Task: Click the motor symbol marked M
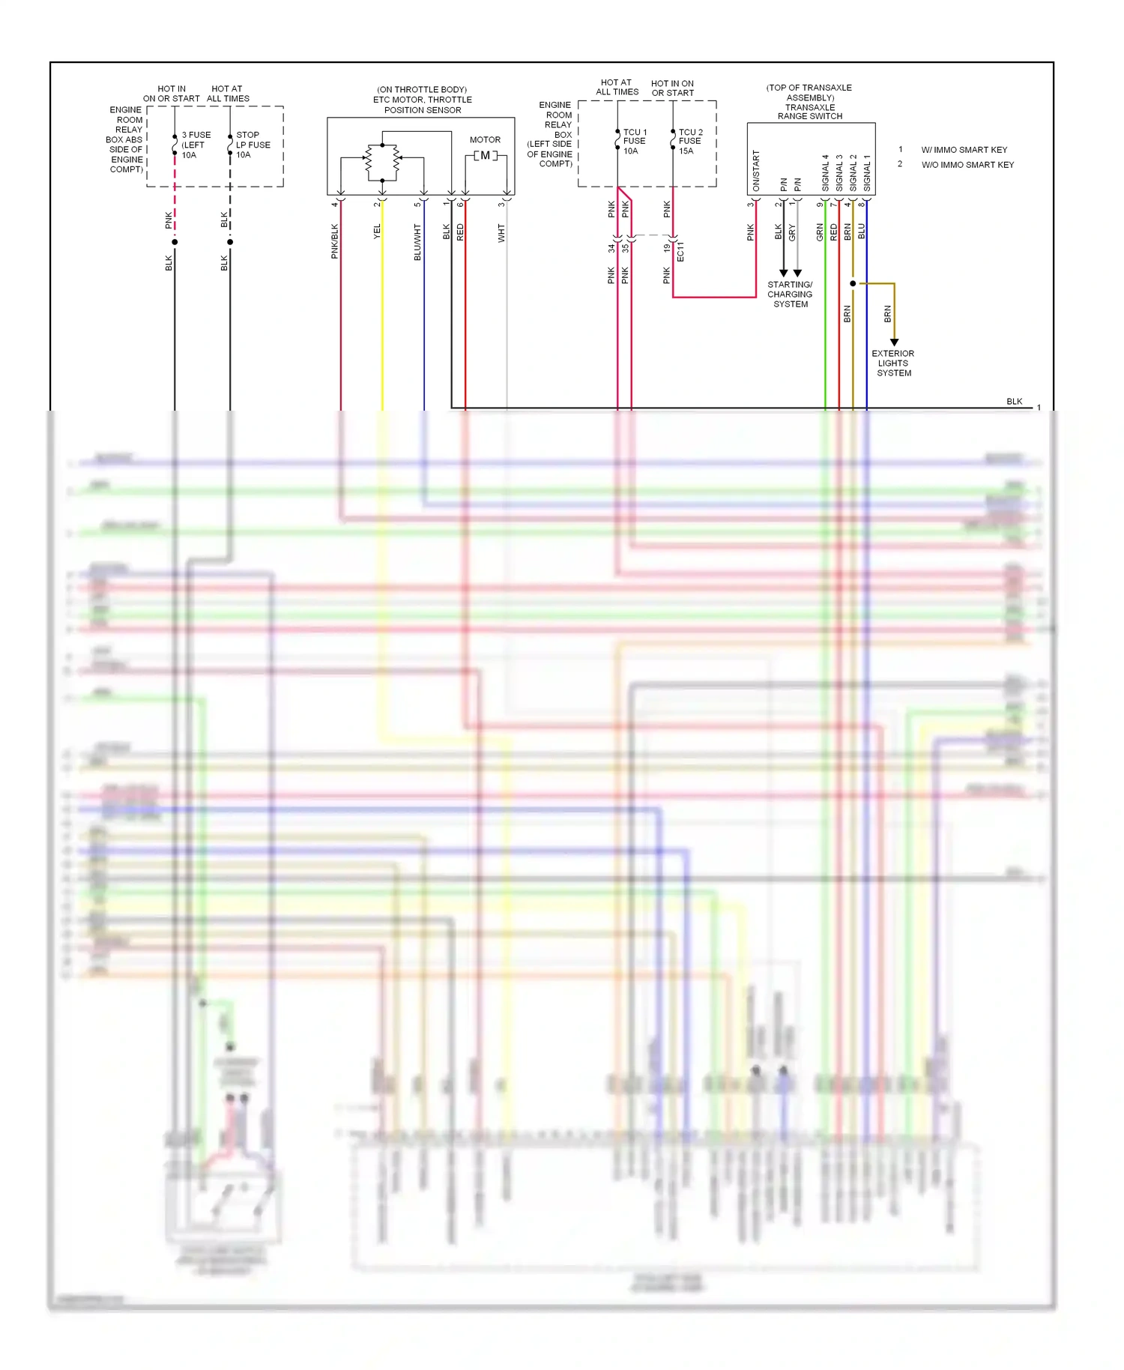[x=485, y=156]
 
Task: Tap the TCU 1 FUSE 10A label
[x=634, y=141]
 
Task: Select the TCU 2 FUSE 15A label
[x=690, y=141]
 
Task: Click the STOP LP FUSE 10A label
[x=253, y=145]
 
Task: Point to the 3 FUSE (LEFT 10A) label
[x=196, y=145]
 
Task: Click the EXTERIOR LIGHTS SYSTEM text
[x=893, y=363]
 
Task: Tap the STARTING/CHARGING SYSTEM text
[x=790, y=295]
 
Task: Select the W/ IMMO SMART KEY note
[x=964, y=150]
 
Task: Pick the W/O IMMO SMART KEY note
[x=967, y=165]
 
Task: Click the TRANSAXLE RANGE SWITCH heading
[x=809, y=112]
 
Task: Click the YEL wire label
[x=377, y=232]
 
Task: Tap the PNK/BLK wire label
[x=335, y=241]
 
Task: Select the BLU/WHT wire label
[x=418, y=242]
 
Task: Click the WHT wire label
[x=501, y=233]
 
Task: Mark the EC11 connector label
[x=680, y=251]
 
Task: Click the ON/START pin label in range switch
[x=756, y=170]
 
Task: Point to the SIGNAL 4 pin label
[x=825, y=172]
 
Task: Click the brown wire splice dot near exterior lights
[x=853, y=283]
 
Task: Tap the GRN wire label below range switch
[x=820, y=232]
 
